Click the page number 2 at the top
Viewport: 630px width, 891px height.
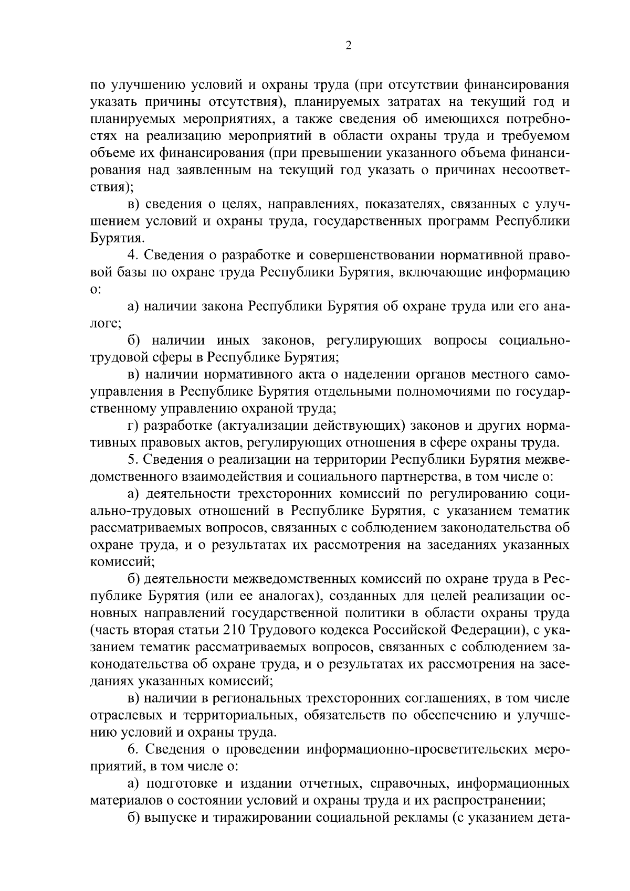349,45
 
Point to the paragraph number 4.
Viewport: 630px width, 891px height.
132,256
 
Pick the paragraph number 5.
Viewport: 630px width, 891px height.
132,460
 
